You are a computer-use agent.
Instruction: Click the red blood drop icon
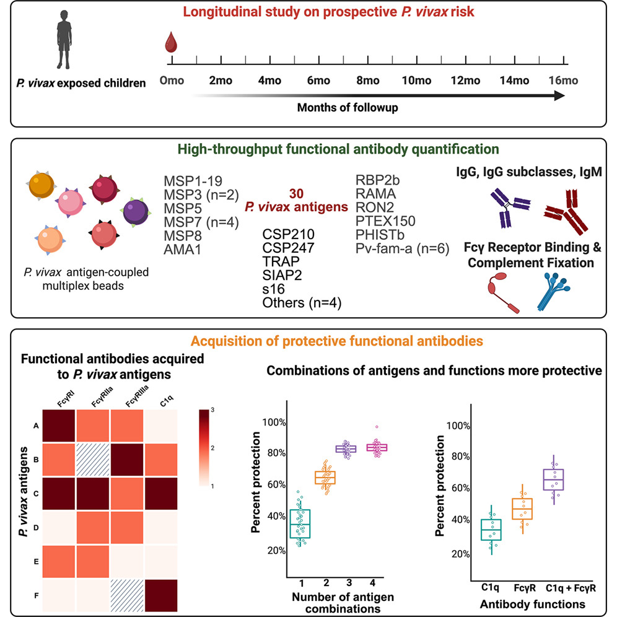point(170,44)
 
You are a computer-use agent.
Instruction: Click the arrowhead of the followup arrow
point(559,95)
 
